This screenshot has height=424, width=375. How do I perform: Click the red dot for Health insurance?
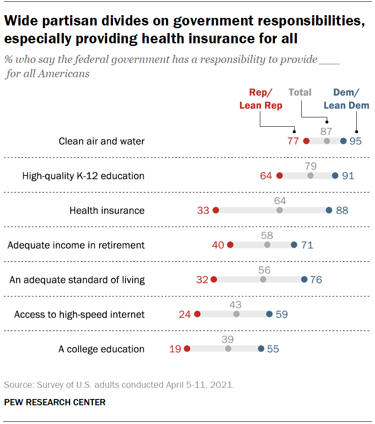coord(216,210)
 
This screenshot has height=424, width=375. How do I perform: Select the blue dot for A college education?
coord(261,349)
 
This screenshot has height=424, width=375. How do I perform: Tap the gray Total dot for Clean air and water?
coord(327,141)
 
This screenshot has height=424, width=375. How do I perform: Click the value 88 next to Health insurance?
coord(342,211)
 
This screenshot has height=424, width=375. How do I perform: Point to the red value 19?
coord(175,349)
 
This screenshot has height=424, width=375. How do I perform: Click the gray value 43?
coord(235,304)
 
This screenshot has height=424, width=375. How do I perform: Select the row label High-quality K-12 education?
coord(83,176)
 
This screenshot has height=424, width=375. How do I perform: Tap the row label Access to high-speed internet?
coord(79,315)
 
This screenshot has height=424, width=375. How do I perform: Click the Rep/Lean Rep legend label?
coord(261,99)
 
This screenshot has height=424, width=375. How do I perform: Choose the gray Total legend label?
coord(300,92)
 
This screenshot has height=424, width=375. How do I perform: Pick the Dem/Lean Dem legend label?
coord(346,99)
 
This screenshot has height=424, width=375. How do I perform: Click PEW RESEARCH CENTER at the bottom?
coord(55,402)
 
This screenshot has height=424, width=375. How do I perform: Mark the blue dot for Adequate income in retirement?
coord(294,245)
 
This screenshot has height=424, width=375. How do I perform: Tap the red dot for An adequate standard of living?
coord(213,280)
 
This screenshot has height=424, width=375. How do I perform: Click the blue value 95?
coord(355,141)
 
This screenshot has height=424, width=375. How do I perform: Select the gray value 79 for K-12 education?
coord(311,166)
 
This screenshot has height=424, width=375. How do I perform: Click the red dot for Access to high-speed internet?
coord(197,314)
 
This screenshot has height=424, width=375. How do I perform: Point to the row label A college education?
coord(101,349)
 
